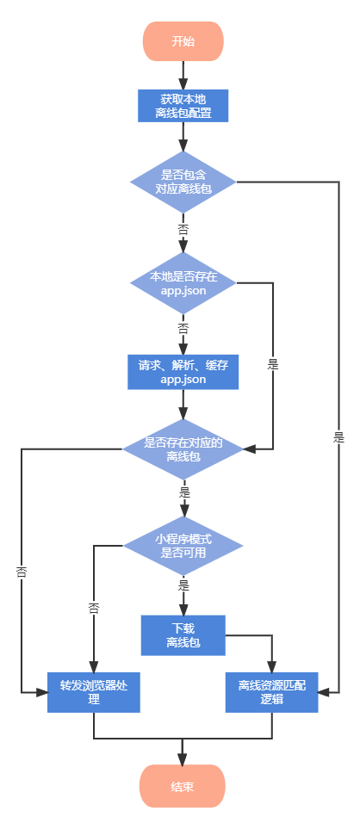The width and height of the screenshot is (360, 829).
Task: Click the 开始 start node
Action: pos(183,41)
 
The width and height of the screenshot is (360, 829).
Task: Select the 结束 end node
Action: pos(183,786)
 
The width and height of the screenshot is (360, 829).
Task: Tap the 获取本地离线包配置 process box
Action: pos(183,106)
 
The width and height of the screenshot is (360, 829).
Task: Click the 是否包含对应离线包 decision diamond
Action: pos(183,182)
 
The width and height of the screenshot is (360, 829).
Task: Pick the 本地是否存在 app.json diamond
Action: pos(183,283)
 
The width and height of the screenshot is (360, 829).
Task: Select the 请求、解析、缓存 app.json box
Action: pos(183,372)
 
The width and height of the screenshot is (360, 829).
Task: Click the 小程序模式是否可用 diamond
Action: pos(183,546)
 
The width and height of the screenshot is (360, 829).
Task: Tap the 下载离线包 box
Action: pos(183,635)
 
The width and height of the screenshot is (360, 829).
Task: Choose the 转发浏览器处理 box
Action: pos(94,692)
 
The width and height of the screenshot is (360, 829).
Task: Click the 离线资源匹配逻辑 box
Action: pos(272,692)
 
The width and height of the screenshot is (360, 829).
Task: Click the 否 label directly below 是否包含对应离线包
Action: pos(183,230)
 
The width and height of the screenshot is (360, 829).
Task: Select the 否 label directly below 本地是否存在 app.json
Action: pos(183,328)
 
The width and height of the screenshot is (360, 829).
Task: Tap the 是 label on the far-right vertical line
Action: pos(338,436)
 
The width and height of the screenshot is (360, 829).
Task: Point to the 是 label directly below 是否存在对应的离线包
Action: pos(183,493)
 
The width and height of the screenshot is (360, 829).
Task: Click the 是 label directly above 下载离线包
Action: pos(183,585)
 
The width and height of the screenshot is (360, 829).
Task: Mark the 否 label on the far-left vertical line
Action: pos(22,571)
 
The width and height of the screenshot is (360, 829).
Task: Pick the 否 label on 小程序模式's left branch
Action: pos(94,608)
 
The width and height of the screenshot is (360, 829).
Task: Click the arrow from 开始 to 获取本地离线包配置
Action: pos(183,76)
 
